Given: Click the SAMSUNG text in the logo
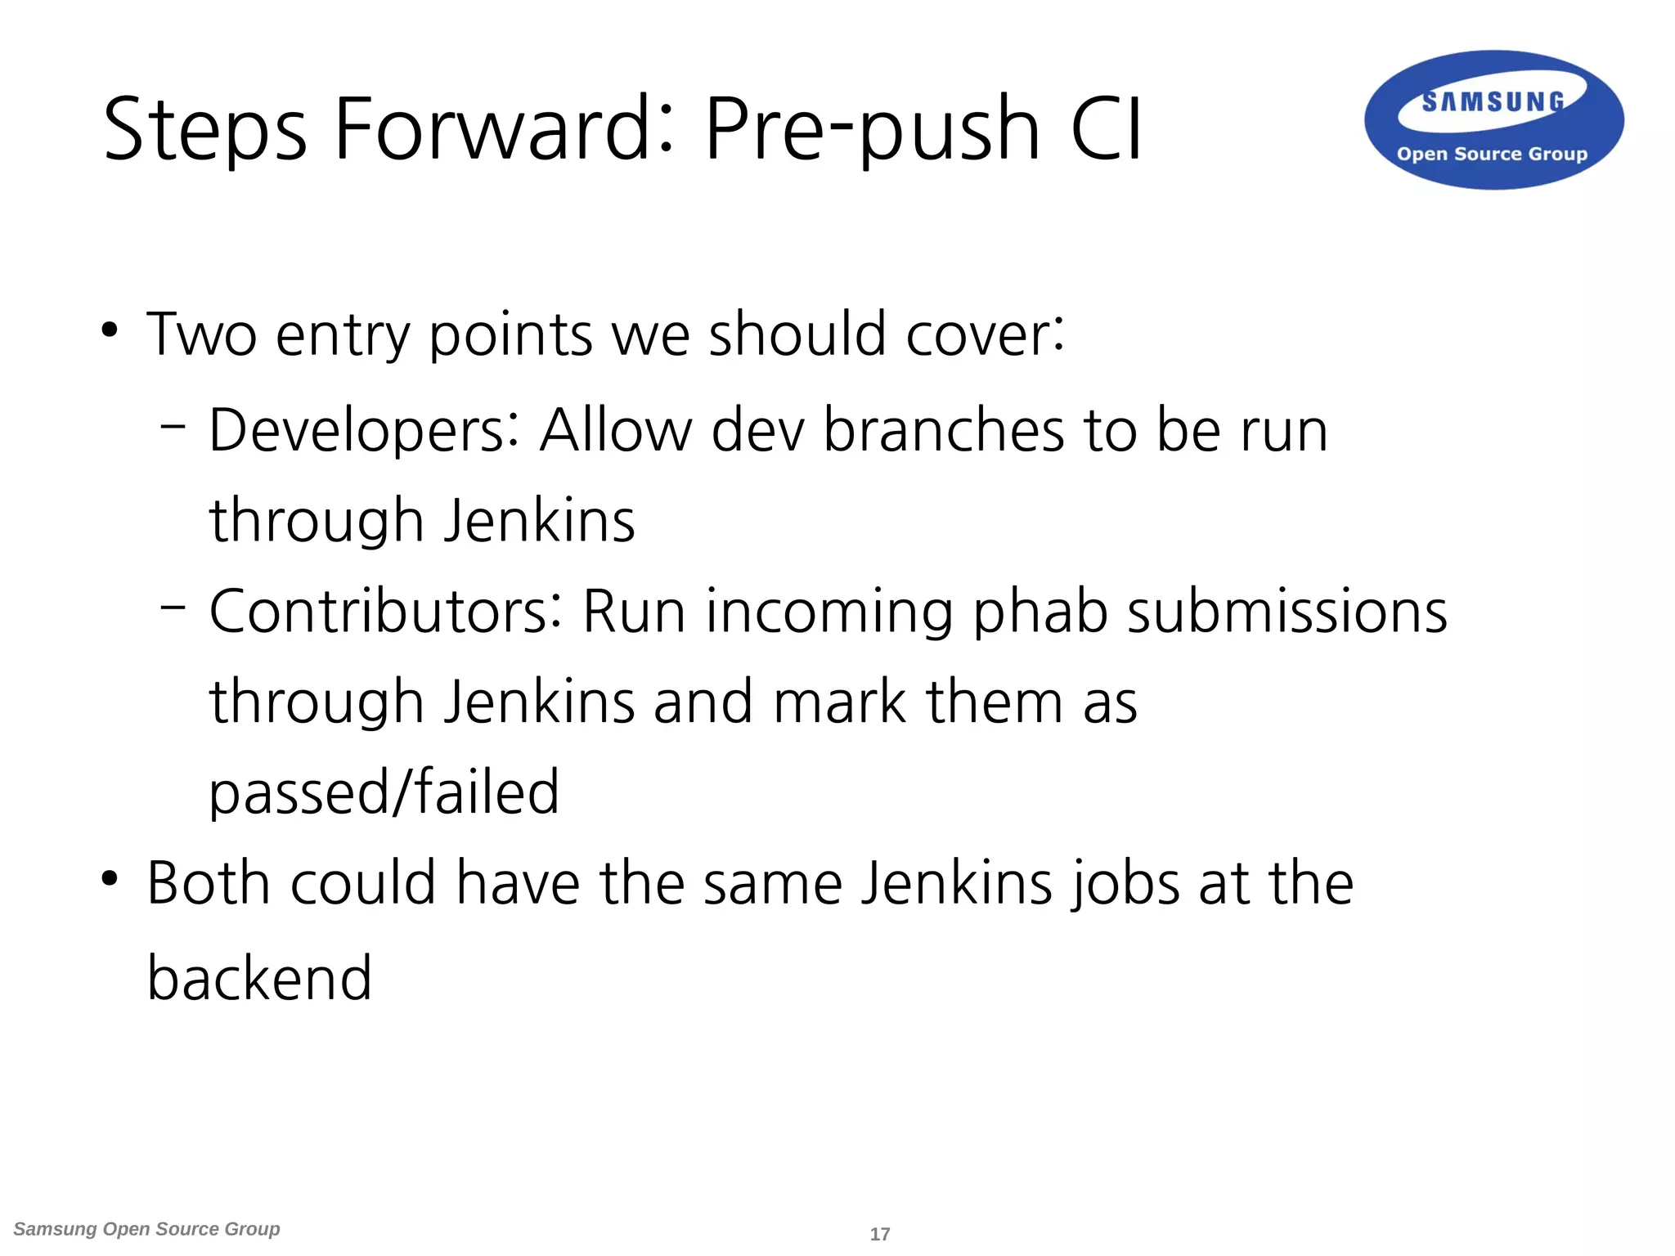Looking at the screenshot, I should tap(1493, 102).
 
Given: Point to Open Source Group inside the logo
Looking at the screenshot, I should tap(1492, 154).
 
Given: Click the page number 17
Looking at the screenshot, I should tap(879, 1234).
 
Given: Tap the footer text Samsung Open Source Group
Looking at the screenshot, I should tap(147, 1229).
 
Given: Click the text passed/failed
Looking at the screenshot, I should tap(384, 793).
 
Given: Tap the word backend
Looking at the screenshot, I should tap(259, 978).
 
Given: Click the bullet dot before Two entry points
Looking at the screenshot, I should tap(110, 331).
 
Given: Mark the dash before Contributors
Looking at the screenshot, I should tap(173, 606).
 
